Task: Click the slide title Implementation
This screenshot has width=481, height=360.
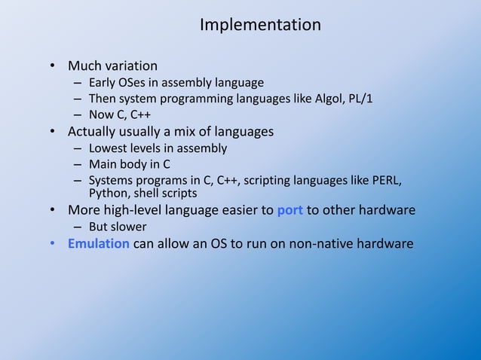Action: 260,25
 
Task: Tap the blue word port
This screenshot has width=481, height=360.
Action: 290,210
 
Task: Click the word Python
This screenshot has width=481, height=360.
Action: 108,193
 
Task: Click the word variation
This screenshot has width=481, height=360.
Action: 131,66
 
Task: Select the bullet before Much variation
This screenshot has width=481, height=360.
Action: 54,66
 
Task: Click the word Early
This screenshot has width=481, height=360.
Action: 102,82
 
